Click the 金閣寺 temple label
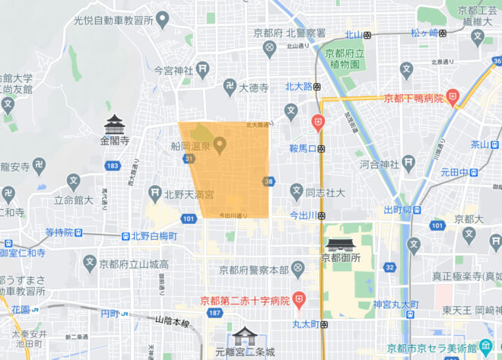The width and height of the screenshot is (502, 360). click(116, 141)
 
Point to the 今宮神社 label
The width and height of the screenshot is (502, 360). click(173, 70)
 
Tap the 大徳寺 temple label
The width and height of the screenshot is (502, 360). click(253, 88)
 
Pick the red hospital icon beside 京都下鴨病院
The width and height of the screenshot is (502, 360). click(453, 97)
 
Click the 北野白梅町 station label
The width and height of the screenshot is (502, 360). click(154, 237)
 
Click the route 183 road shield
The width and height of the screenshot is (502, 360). click(113, 165)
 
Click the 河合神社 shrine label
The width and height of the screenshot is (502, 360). click(380, 164)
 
